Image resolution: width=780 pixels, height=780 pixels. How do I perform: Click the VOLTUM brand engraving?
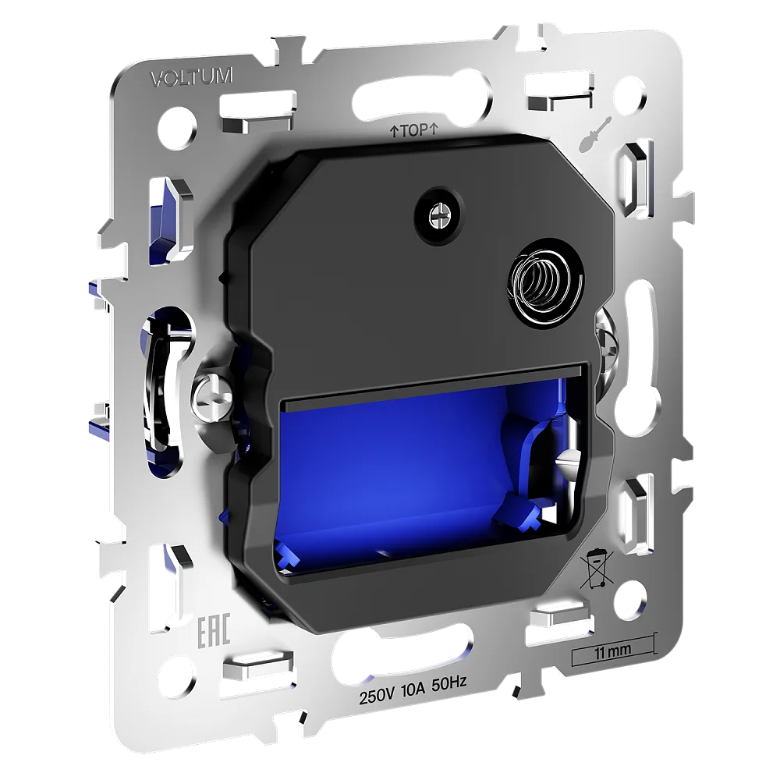click(x=192, y=77)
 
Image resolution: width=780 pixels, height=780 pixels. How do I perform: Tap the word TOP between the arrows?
click(x=414, y=131)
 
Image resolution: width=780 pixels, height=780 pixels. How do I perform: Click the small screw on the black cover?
click(x=438, y=215)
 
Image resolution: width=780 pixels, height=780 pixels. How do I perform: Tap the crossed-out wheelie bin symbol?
click(x=597, y=569)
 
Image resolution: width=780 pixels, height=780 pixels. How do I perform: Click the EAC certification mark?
click(x=214, y=630)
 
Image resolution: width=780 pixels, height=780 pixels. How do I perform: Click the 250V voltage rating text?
click(x=377, y=696)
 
